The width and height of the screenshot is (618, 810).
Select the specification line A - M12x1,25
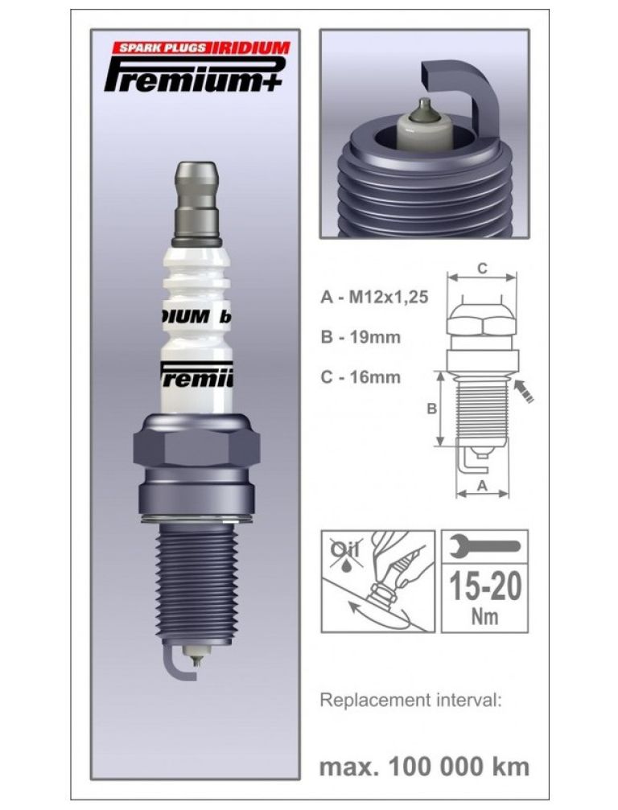[x=373, y=297]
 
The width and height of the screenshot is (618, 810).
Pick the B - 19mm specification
[x=360, y=336]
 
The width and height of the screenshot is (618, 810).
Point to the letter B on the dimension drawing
[x=432, y=409]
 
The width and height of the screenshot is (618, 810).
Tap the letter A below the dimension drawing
[x=482, y=485]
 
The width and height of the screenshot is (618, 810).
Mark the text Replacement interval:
[x=410, y=699]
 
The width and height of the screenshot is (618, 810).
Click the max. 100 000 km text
[x=424, y=766]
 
